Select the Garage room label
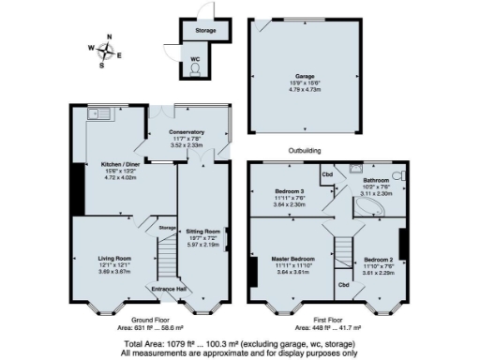305,77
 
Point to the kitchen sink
97,114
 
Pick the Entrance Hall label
169,289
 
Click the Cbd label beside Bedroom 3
327,173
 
